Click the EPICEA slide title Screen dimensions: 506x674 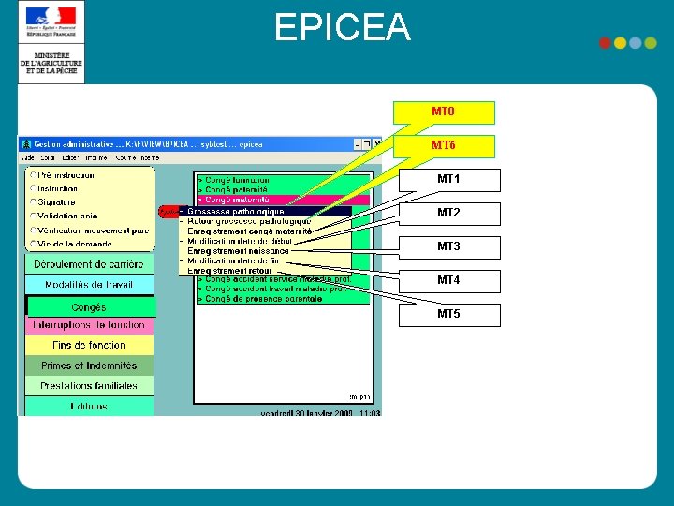pyautogui.click(x=343, y=28)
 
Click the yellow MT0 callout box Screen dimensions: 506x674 pyautogui.click(x=444, y=112)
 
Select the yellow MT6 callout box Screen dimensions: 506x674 pyautogui.click(x=444, y=146)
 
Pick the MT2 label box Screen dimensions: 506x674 pyautogui.click(x=449, y=214)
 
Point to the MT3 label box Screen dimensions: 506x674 pyautogui.click(x=449, y=247)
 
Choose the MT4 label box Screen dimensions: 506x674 pyautogui.click(x=449, y=281)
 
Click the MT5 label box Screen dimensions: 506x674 pyautogui.click(x=449, y=315)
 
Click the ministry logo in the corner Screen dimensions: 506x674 pyautogui.click(x=51, y=42)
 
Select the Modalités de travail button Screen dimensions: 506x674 pyautogui.click(x=89, y=285)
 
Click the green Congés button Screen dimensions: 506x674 pyautogui.click(x=89, y=307)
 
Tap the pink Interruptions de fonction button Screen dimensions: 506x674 pyautogui.click(x=89, y=325)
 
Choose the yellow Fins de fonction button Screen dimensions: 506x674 pyautogui.click(x=89, y=346)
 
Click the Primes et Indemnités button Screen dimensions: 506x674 pyautogui.click(x=89, y=366)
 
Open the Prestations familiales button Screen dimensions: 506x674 pyautogui.click(x=89, y=386)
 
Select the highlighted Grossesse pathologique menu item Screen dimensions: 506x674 pyautogui.click(x=236, y=212)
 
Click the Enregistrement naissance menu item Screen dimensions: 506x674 pyautogui.click(x=238, y=251)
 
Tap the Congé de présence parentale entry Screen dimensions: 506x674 pyautogui.click(x=263, y=299)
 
